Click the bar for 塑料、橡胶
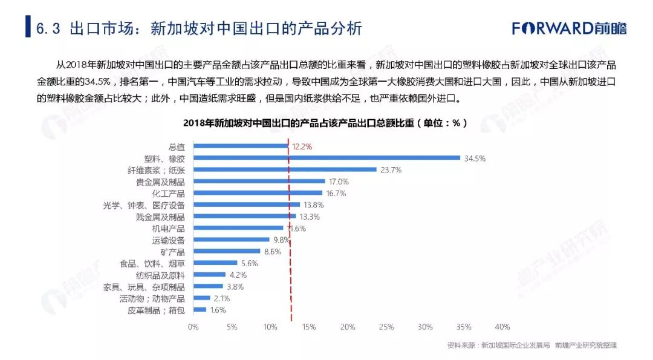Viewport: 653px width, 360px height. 326,158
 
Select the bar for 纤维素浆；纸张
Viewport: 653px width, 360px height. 285,169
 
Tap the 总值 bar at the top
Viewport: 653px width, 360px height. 241,146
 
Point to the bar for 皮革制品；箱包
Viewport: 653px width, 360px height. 200,310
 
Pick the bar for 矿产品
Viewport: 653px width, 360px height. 227,251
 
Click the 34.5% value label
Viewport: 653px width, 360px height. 475,158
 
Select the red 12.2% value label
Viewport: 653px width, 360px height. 302,146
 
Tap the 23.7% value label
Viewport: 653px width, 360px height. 391,170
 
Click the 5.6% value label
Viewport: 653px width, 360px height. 249,263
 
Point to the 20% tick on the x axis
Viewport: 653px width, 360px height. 347,327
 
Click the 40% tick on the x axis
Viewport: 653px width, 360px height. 502,327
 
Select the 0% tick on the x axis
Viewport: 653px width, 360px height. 193,327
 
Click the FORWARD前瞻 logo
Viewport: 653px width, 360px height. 569,28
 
